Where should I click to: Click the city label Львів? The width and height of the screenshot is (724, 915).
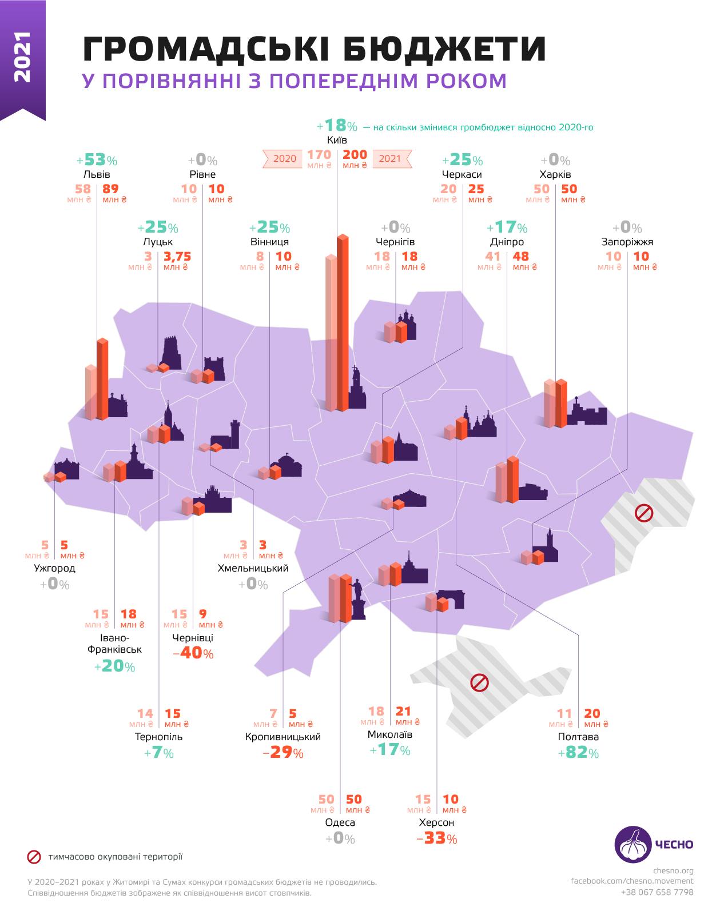click(96, 174)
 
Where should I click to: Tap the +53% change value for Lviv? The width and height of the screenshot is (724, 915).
click(96, 160)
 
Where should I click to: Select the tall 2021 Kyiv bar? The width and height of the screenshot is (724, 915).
click(343, 323)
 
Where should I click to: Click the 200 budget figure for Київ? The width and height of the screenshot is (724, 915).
click(355, 155)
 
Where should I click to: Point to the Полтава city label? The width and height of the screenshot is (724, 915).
click(578, 737)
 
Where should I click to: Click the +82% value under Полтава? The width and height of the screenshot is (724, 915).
click(578, 753)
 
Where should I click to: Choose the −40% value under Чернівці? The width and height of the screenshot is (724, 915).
click(193, 653)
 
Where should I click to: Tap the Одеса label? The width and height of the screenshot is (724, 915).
click(340, 823)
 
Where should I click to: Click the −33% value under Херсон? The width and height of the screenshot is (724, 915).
click(437, 838)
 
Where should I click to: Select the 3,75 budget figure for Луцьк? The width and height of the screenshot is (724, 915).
click(177, 256)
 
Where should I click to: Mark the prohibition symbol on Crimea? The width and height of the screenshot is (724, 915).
click(479, 682)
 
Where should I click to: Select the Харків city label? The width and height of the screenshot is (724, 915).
click(555, 174)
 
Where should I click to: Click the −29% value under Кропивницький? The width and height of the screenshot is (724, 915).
click(283, 753)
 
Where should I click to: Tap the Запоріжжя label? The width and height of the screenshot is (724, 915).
click(627, 242)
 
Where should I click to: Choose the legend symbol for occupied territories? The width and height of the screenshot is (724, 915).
click(34, 856)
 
